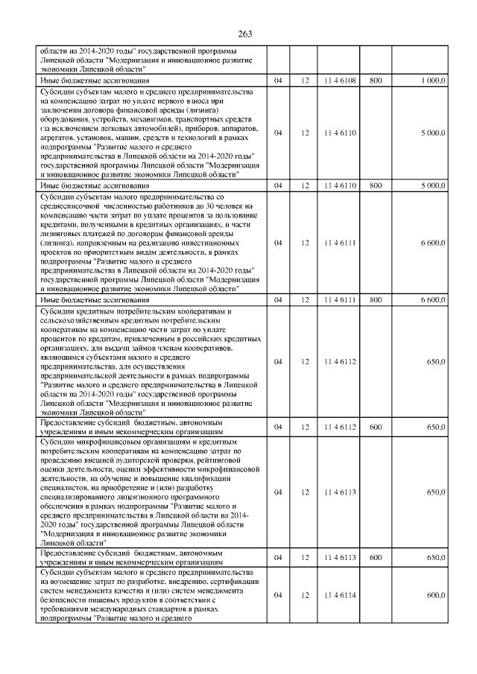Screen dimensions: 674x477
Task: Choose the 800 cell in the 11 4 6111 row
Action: [376, 299]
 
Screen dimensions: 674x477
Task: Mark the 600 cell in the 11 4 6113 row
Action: [376, 556]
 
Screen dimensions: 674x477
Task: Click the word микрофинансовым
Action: [98, 442]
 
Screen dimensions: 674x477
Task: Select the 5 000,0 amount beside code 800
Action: [432, 184]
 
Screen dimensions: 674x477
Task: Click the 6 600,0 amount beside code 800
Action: [432, 299]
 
